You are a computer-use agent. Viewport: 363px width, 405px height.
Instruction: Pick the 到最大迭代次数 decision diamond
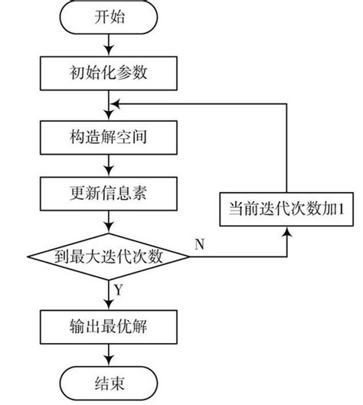click(x=113, y=255)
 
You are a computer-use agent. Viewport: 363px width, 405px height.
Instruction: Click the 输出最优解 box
click(x=113, y=324)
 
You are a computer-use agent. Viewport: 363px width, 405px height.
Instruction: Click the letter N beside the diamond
click(x=199, y=244)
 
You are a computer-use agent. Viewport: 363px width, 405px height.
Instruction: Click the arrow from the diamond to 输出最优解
click(x=113, y=294)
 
